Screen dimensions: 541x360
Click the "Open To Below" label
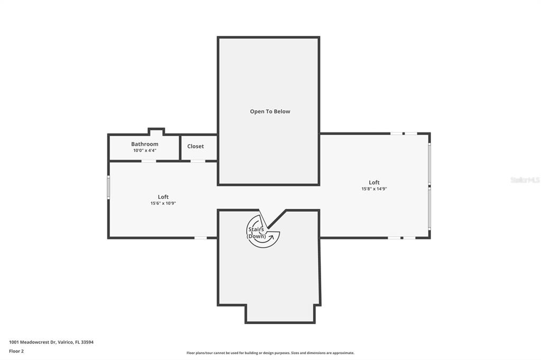coord(270,111)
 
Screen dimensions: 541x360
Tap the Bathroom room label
coord(145,144)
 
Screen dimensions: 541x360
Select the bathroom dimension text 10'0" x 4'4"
coord(145,150)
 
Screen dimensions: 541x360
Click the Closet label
coord(195,146)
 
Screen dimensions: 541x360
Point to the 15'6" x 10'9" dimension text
coord(163,203)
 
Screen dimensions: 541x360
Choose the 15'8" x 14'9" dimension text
coord(374,188)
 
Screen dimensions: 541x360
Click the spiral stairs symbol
coord(264,231)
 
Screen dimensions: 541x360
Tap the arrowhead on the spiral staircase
coord(272,236)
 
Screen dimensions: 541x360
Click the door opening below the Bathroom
coord(148,160)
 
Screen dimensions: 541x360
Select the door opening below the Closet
coord(198,160)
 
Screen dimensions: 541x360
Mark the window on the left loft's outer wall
coord(108,187)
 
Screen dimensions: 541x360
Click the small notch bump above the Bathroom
coord(156,131)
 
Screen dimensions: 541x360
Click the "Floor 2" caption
coord(16,351)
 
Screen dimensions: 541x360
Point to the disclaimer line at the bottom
coord(270,353)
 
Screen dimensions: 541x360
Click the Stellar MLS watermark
coord(525,180)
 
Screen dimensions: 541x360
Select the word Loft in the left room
coord(163,197)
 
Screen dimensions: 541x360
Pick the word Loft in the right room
coord(374,183)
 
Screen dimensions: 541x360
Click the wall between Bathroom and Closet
coord(180,148)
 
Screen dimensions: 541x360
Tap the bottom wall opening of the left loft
coord(200,238)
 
